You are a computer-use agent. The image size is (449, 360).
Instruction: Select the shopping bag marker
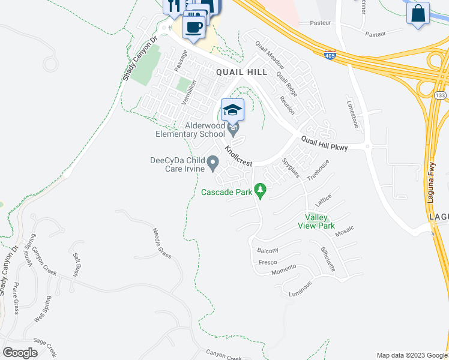[x=418, y=13]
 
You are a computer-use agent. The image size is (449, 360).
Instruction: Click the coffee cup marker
[x=193, y=27]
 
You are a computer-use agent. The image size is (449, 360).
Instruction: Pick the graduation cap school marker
[x=232, y=110]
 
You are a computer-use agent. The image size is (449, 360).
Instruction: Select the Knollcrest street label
[x=239, y=155]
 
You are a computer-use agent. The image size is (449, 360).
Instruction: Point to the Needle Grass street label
[x=162, y=243]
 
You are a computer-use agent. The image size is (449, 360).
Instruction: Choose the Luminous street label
[x=300, y=289]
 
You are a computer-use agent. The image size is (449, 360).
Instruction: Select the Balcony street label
[x=268, y=250]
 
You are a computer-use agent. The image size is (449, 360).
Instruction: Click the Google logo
[x=20, y=353]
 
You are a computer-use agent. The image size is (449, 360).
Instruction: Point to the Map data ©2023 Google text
[x=411, y=355]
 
